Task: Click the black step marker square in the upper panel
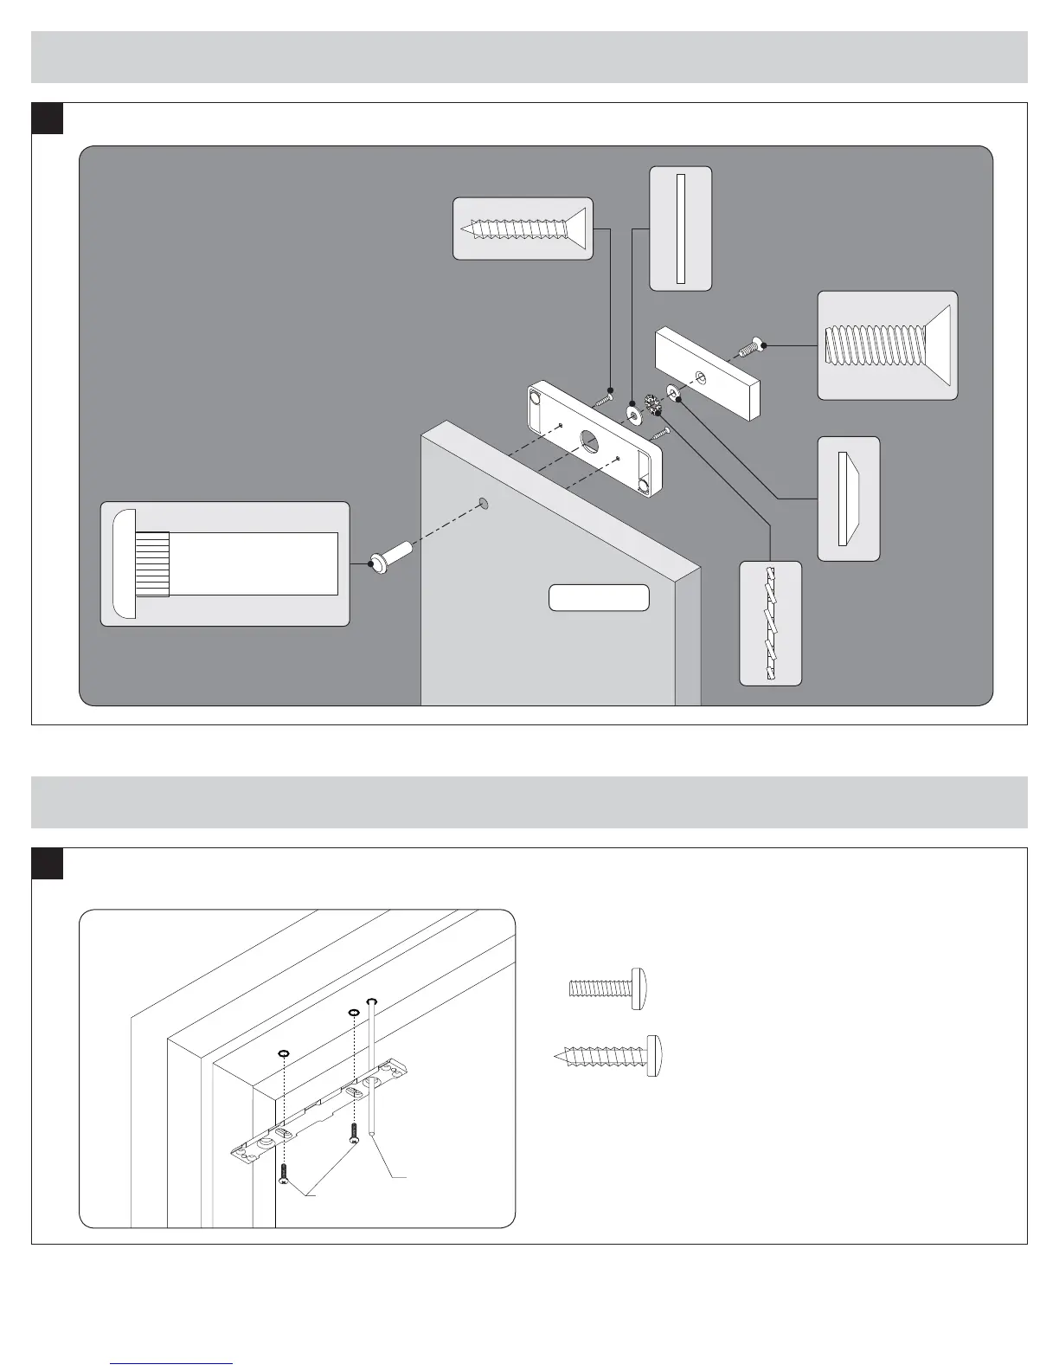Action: [x=48, y=119]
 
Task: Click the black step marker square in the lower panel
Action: [x=48, y=863]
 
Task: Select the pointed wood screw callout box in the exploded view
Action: [x=523, y=228]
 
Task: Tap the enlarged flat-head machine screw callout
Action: [x=888, y=344]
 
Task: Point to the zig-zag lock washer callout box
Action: [x=771, y=623]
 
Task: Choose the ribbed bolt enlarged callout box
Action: [x=225, y=563]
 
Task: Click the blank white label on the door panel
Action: [x=599, y=598]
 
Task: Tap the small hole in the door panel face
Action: [x=484, y=502]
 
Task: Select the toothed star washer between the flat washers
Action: [x=653, y=403]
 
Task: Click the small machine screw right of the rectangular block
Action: [x=749, y=348]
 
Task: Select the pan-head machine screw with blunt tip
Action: [x=611, y=988]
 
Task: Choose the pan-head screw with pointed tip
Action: [x=611, y=1054]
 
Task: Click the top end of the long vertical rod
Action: [x=371, y=1001]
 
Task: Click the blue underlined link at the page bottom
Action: [x=171, y=1363]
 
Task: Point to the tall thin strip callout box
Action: [x=681, y=228]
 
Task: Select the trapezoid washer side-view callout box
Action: [x=848, y=499]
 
